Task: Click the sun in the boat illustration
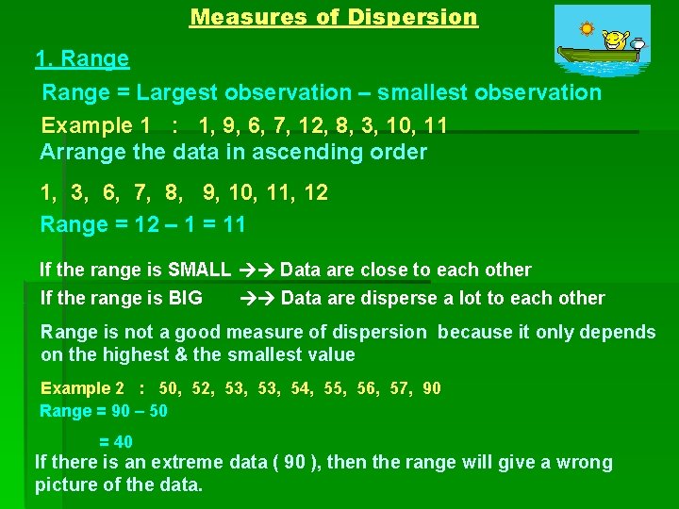(587, 28)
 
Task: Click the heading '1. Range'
(82, 59)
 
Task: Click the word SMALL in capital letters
(199, 270)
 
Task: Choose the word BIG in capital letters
(185, 298)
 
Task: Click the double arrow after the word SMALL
(256, 270)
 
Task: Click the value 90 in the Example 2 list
(431, 388)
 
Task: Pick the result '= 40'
(116, 441)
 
